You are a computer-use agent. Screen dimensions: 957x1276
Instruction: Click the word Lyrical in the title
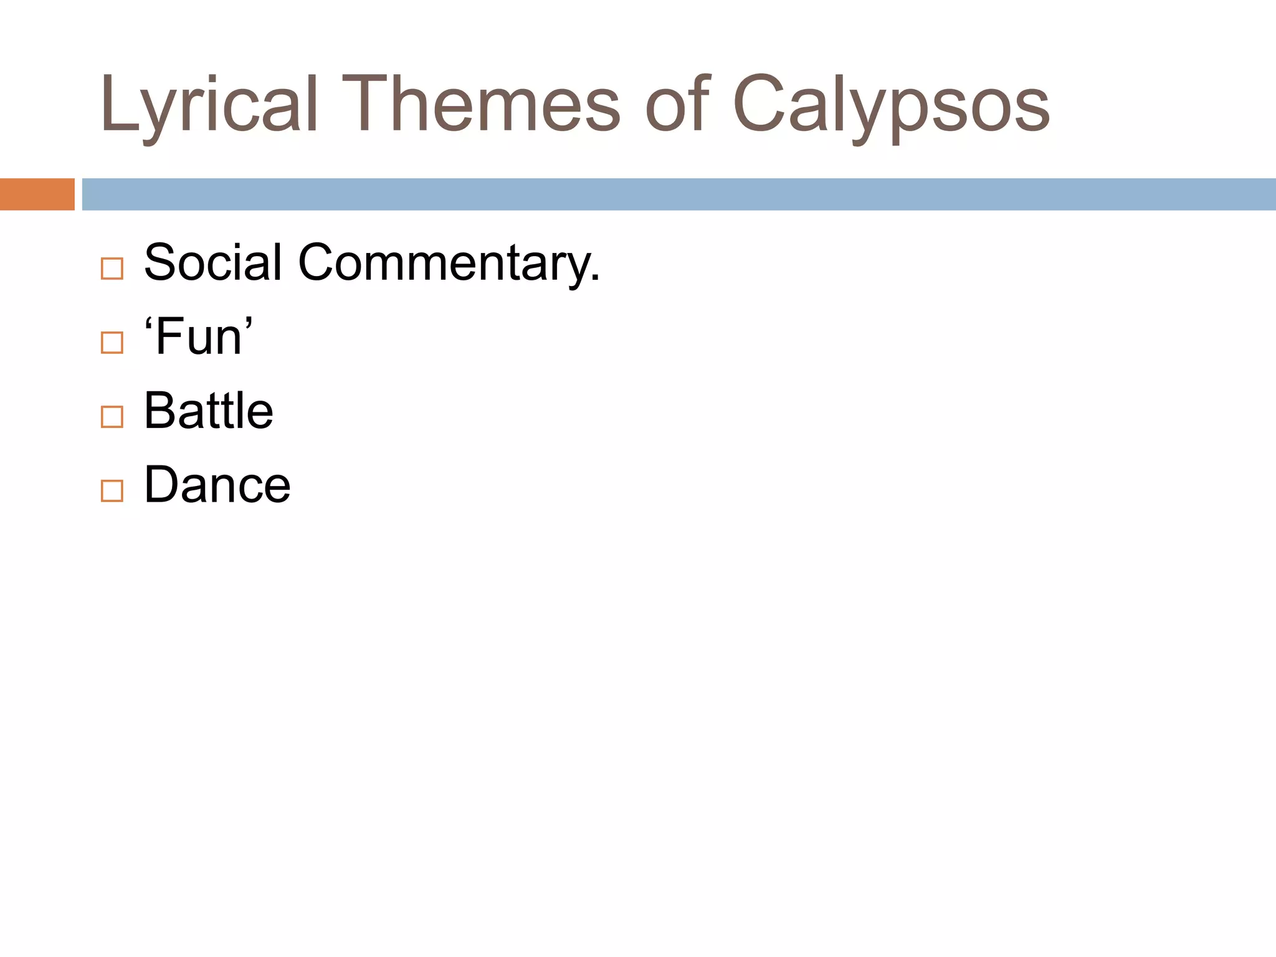point(209,105)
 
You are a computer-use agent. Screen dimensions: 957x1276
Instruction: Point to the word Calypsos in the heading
point(891,105)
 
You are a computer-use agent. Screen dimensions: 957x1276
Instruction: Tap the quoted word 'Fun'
point(198,336)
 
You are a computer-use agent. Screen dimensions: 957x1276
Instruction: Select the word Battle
point(209,411)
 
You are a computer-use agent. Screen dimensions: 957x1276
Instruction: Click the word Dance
point(217,485)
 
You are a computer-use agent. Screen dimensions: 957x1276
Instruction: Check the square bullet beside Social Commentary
point(112,269)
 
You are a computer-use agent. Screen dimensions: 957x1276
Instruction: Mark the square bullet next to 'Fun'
point(112,343)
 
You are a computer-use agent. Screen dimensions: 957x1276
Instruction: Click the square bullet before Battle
point(112,417)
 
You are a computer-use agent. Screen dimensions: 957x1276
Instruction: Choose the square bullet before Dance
point(112,491)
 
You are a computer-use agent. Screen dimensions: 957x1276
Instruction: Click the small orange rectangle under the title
point(37,194)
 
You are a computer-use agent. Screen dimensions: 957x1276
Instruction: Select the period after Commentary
point(596,279)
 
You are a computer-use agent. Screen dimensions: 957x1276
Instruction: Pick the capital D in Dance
point(163,484)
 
